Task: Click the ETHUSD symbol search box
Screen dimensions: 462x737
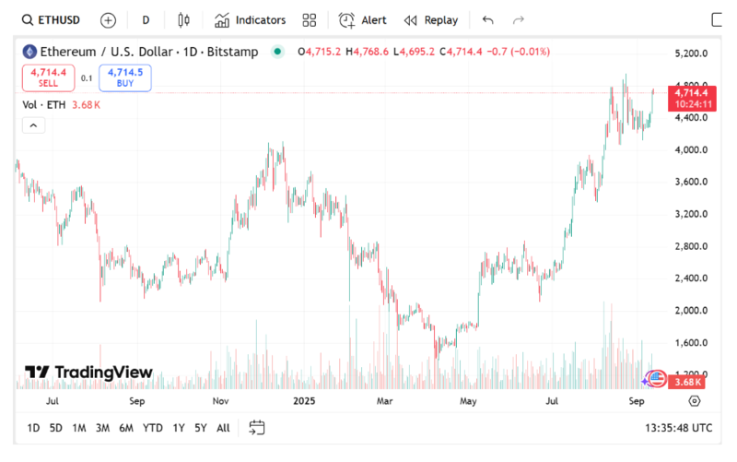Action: pyautogui.click(x=51, y=19)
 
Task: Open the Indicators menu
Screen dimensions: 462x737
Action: pyautogui.click(x=251, y=19)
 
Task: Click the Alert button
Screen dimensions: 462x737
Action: pyautogui.click(x=363, y=19)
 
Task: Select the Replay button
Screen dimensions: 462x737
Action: pyautogui.click(x=431, y=19)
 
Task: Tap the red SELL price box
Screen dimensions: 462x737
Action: pyautogui.click(x=48, y=77)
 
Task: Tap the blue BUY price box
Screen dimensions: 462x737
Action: pyautogui.click(x=125, y=77)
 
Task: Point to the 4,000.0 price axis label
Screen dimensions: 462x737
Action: pyautogui.click(x=691, y=150)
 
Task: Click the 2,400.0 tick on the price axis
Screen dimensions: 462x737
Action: pyautogui.click(x=691, y=278)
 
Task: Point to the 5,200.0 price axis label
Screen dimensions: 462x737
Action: pyautogui.click(x=691, y=53)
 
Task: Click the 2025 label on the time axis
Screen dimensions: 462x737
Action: pyautogui.click(x=305, y=402)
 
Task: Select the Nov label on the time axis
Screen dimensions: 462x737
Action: pyautogui.click(x=221, y=402)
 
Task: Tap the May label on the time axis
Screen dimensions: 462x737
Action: pyautogui.click(x=469, y=402)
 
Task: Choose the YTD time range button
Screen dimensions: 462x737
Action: pyautogui.click(x=153, y=428)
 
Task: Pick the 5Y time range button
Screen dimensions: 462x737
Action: pyautogui.click(x=201, y=428)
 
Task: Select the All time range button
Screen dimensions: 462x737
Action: pyautogui.click(x=223, y=428)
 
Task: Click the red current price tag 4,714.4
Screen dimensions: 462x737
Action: pyautogui.click(x=691, y=92)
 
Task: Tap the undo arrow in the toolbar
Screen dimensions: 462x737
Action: pyautogui.click(x=487, y=19)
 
